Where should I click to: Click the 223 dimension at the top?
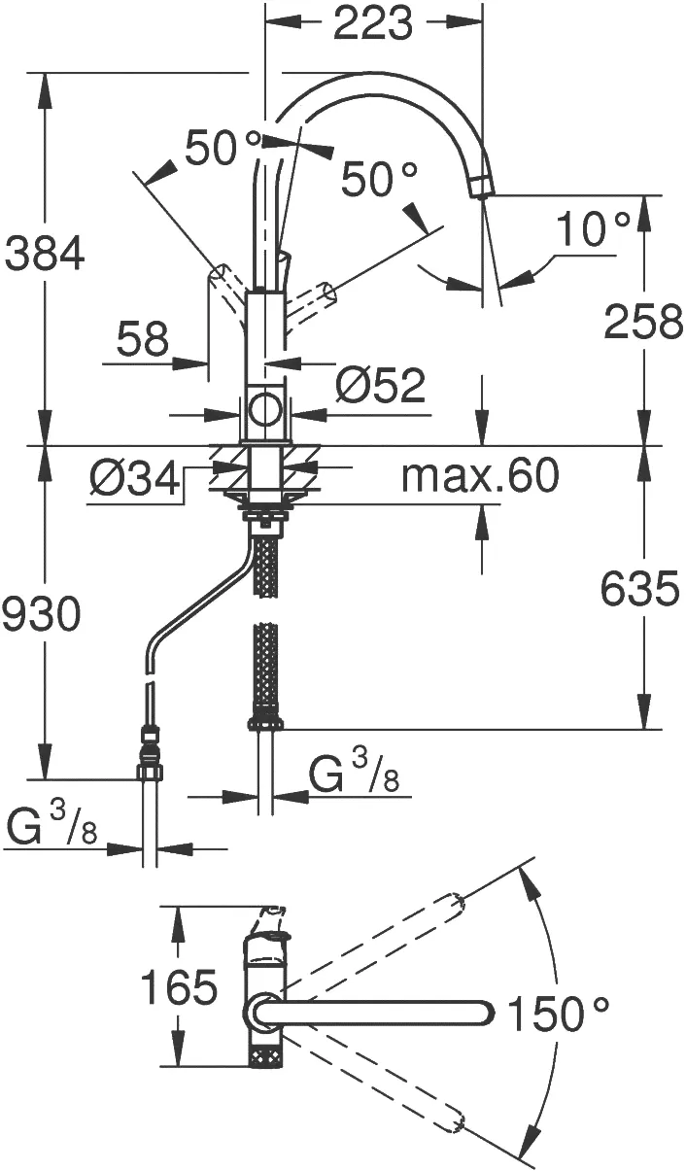pyautogui.click(x=373, y=24)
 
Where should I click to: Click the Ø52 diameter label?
pyautogui.click(x=380, y=386)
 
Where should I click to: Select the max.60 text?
pyautogui.click(x=480, y=476)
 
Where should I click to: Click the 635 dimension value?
pyautogui.click(x=640, y=589)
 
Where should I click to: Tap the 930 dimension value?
pyautogui.click(x=41, y=614)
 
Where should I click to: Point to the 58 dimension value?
pyautogui.click(x=142, y=340)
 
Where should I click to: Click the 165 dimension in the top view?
pyautogui.click(x=180, y=988)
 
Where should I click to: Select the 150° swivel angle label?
pyautogui.click(x=559, y=1016)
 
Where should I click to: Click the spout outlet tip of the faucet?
pyautogui.click(x=480, y=187)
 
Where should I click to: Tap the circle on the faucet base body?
pyautogui.click(x=264, y=409)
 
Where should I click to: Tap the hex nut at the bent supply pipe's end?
pyautogui.click(x=150, y=773)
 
